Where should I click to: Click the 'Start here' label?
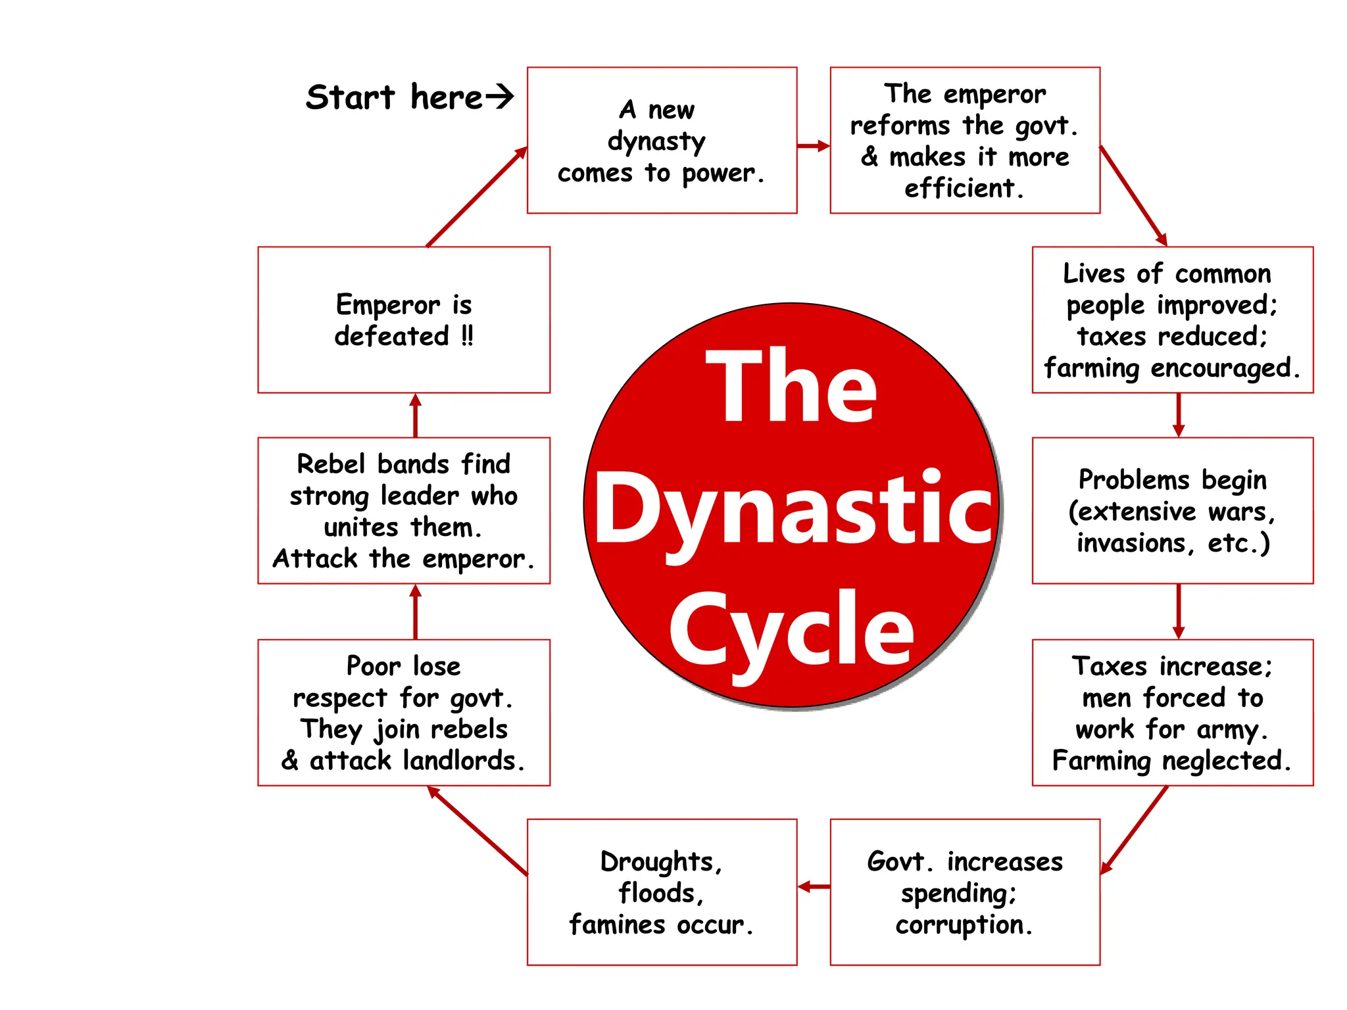[x=395, y=97]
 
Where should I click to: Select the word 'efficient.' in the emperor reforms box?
[x=964, y=189]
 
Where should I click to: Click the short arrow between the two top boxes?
[x=814, y=146]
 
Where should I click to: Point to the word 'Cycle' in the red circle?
[x=791, y=630]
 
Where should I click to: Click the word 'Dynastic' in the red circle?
[x=793, y=510]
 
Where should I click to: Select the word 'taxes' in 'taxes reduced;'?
[x=1111, y=337]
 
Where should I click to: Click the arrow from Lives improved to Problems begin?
[x=1178, y=415]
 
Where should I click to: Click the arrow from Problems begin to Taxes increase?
[x=1178, y=611]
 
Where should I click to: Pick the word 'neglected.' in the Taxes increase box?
[x=1227, y=761]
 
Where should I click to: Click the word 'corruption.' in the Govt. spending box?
[x=964, y=925]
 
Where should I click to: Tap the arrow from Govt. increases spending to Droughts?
[x=814, y=887]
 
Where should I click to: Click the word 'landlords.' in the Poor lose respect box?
[x=464, y=761]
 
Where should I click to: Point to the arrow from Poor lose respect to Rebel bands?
[x=415, y=612]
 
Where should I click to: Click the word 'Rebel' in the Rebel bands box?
[x=331, y=464]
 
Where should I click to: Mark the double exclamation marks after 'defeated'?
[x=467, y=336]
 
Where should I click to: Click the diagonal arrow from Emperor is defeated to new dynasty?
[x=477, y=197]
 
